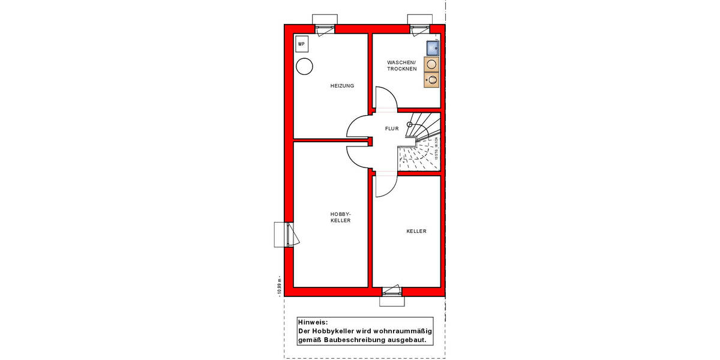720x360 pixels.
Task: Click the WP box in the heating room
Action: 301,44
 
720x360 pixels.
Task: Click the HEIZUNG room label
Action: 342,86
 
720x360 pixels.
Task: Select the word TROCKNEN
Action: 401,70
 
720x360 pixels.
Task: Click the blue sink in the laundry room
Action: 432,48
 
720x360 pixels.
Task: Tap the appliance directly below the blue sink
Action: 431,64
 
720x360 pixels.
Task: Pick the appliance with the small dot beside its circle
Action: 431,80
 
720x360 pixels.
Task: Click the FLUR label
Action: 392,128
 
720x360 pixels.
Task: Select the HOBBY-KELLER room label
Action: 340,217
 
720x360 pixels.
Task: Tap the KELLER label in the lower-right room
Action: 416,231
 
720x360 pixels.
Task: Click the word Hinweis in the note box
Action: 313,323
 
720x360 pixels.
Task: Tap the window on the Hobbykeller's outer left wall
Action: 286,234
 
